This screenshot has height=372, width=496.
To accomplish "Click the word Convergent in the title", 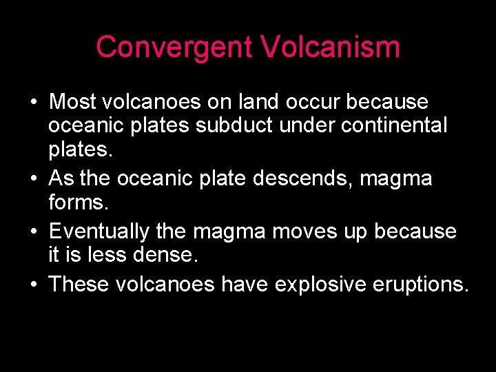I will pos(174,48).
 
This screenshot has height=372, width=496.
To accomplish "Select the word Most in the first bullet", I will pos(72,102).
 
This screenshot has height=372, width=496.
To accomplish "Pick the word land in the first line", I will pos(254,102).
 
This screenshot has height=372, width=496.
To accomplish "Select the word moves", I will pos(304,231).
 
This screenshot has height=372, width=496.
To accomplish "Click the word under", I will pos(344,126).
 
